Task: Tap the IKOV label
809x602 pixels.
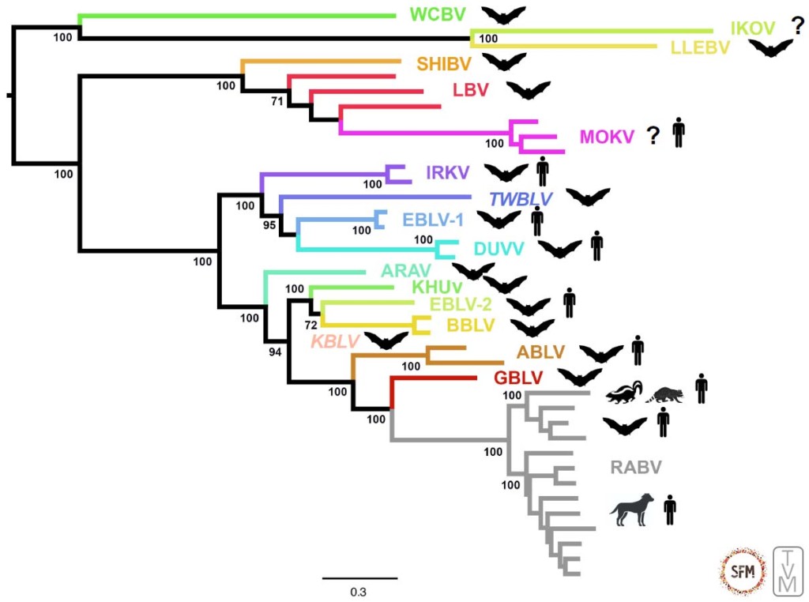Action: click(x=751, y=28)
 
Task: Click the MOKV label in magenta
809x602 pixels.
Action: click(x=607, y=137)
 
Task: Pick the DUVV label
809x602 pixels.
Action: click(x=499, y=249)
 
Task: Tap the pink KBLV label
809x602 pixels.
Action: click(x=335, y=341)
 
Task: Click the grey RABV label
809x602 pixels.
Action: click(x=636, y=467)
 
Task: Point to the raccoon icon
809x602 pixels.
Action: click(x=664, y=393)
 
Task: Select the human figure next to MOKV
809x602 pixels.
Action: click(x=679, y=134)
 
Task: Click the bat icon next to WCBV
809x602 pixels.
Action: click(x=504, y=15)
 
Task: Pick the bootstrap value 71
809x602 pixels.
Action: click(x=277, y=101)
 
